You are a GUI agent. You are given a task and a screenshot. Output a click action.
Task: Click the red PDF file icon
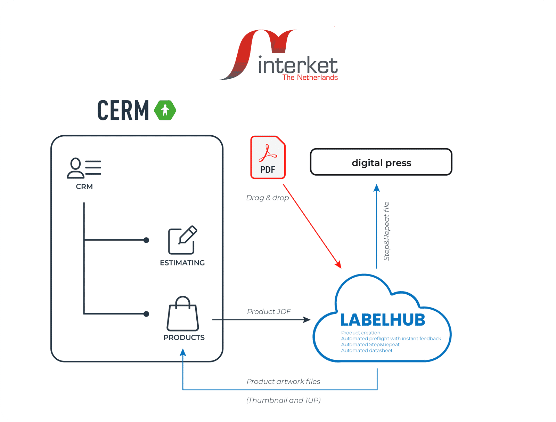pos(268,157)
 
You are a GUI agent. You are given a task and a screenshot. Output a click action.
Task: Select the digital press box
pos(381,162)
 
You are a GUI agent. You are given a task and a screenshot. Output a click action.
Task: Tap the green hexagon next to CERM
pos(165,110)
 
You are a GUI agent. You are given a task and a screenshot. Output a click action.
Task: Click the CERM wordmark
pos(123,111)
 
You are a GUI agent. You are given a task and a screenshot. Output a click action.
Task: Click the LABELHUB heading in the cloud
pos(382,320)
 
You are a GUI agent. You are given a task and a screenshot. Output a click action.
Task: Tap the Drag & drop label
pos(268,198)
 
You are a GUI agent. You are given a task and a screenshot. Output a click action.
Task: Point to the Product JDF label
pos(269,311)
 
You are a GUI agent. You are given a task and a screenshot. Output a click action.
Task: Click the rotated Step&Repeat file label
pos(386,231)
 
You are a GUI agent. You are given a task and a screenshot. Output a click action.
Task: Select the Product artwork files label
pos(283,381)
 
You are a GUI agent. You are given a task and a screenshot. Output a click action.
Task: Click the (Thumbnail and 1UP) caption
pos(283,400)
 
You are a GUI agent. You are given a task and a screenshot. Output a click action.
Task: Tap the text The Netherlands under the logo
pos(310,77)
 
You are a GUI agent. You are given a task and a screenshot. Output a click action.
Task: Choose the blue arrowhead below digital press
pos(377,188)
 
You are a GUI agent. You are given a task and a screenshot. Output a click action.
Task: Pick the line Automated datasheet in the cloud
pos(367,350)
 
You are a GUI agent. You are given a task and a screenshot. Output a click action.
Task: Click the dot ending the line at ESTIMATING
pos(146,240)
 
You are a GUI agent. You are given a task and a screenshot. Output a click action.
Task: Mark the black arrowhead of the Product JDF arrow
pos(307,319)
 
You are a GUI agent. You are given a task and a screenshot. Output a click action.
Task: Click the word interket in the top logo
pos(298,65)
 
